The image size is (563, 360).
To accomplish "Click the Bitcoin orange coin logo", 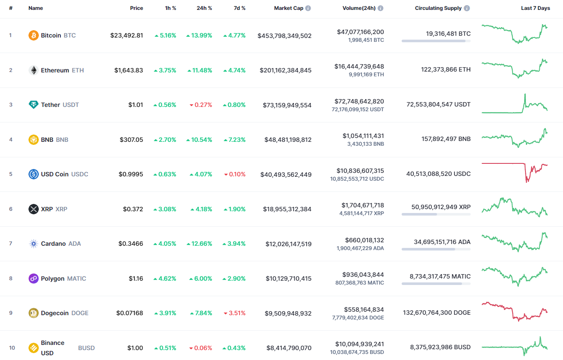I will [x=33, y=35].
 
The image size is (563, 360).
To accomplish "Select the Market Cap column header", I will [x=289, y=8].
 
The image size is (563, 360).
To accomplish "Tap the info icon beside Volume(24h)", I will [x=381, y=8].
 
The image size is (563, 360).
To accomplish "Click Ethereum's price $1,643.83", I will [x=129, y=70].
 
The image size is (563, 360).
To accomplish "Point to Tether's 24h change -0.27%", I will [x=200, y=105].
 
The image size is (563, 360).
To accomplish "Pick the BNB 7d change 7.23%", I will [x=234, y=140].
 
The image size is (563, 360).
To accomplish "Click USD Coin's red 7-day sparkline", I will [x=514, y=171].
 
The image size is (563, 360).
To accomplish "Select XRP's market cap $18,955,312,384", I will [x=287, y=210].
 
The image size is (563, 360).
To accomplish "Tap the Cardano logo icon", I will [x=33, y=244].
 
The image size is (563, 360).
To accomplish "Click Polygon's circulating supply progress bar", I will [x=436, y=284].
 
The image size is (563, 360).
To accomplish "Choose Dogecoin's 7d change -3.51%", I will [x=234, y=313].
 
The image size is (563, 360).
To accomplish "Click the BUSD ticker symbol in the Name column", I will [x=86, y=348].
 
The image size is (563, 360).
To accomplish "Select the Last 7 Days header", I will [x=535, y=8].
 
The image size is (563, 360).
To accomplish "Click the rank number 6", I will [x=11, y=209].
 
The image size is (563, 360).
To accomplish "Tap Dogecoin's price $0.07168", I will [x=129, y=313].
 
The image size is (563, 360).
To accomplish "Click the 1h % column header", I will [x=170, y=8].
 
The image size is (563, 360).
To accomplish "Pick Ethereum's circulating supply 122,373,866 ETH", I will [x=446, y=69].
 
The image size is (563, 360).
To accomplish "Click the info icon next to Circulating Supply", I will [x=467, y=8].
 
